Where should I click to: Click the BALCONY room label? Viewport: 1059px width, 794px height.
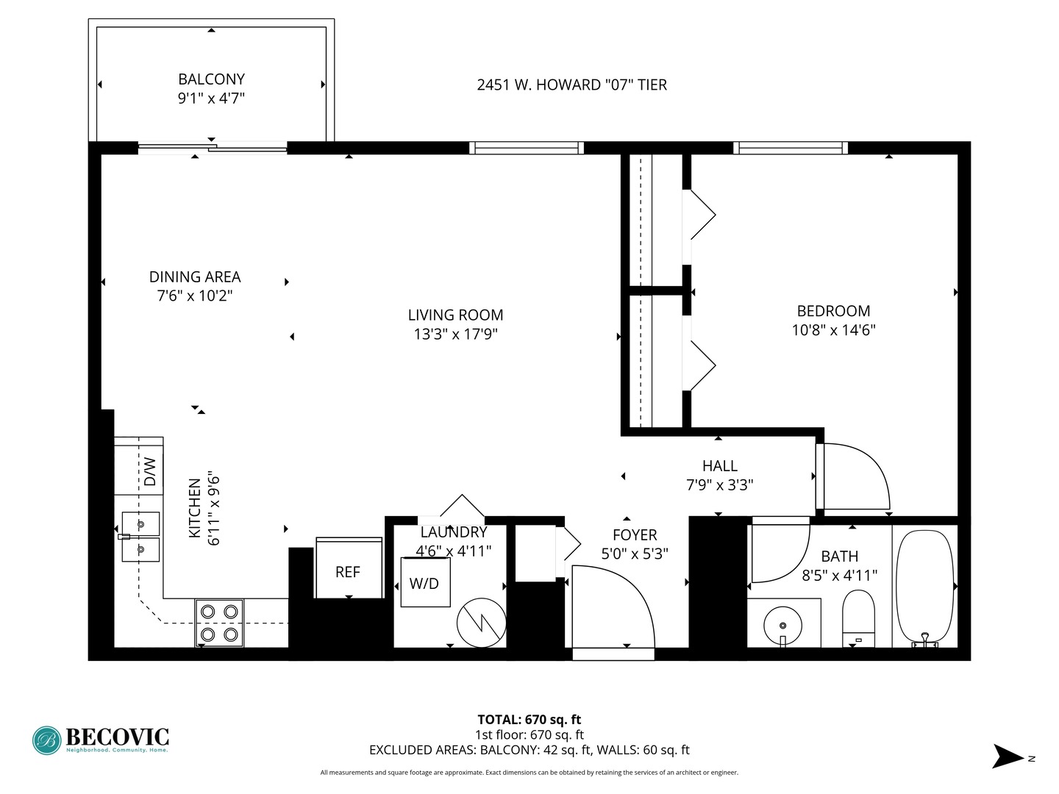(211, 79)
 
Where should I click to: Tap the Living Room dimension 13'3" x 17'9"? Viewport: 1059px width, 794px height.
(455, 335)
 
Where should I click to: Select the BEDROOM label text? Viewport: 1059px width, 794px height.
(833, 311)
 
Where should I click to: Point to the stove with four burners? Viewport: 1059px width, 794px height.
(219, 623)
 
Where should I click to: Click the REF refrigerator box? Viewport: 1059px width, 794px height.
(348, 571)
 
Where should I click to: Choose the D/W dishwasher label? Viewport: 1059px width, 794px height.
(149, 471)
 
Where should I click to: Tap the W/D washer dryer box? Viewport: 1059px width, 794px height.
(425, 582)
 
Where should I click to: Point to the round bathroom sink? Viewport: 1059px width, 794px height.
(783, 626)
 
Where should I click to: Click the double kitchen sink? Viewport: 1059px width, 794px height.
(140, 537)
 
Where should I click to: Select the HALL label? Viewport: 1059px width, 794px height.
(719, 466)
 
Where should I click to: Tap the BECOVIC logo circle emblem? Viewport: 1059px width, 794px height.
(47, 740)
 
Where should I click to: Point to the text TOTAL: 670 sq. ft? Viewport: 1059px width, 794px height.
(529, 720)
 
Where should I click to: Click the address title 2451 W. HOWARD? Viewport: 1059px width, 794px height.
(571, 85)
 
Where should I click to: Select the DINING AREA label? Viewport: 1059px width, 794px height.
(195, 277)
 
